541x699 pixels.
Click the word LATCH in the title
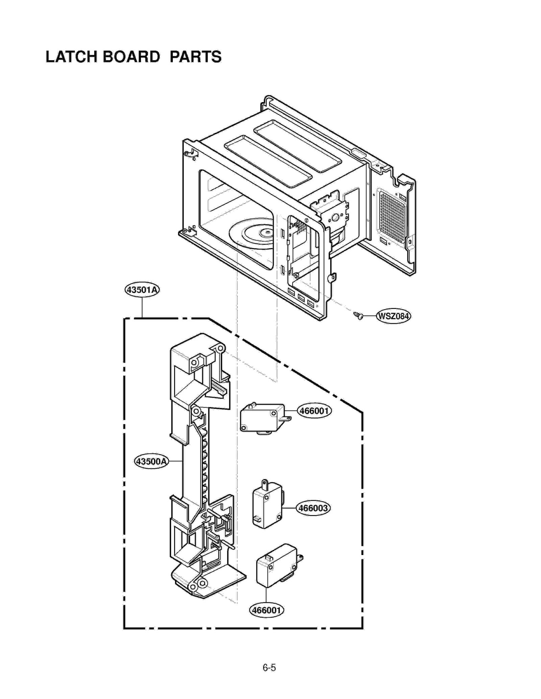coord(71,57)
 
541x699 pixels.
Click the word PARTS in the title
coord(195,57)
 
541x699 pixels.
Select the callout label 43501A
coord(142,290)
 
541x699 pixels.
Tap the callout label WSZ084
coord(393,316)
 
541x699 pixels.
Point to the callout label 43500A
coord(151,461)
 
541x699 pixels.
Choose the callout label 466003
coord(313,508)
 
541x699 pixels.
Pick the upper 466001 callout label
coord(314,411)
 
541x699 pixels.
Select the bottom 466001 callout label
coord(266,610)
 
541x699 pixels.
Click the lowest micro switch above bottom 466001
coord(277,565)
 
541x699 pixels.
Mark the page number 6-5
coord(269,668)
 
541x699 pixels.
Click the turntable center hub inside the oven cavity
coord(267,232)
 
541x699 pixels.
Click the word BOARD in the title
coord(131,57)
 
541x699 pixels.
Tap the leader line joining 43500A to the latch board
coord(175,461)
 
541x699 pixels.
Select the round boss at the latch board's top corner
coord(220,348)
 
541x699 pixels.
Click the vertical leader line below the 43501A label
coord(142,307)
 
